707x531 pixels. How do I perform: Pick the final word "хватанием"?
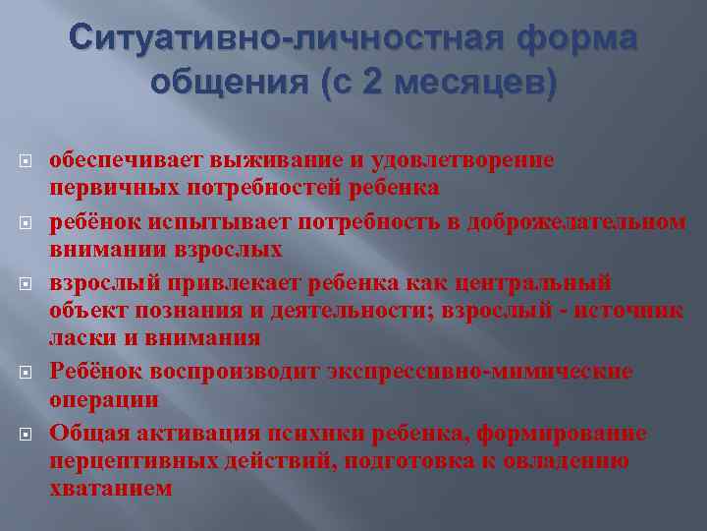tap(110, 488)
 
